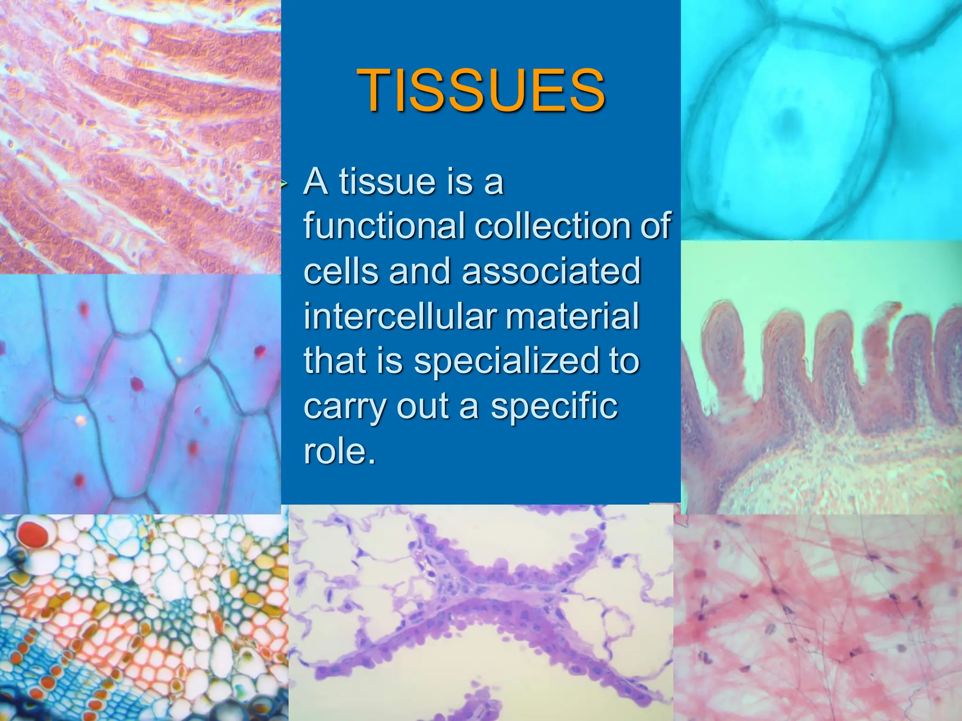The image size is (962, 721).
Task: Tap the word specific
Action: point(554,406)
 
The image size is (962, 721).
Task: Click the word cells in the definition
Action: point(341,271)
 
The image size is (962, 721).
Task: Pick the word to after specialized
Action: point(624,361)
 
